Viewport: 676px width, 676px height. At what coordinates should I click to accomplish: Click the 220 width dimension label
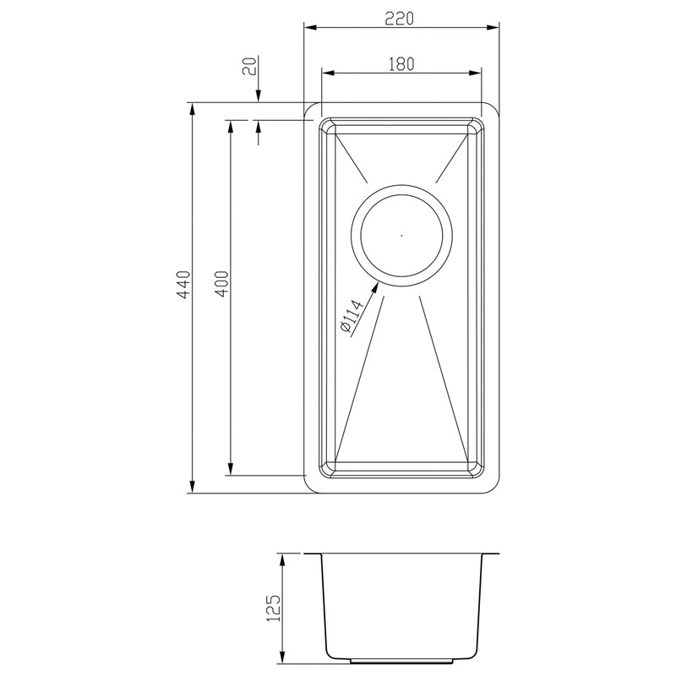point(401,17)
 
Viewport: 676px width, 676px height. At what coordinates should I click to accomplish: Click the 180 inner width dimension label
point(401,63)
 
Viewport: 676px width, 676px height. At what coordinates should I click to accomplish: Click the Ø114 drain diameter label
point(349,319)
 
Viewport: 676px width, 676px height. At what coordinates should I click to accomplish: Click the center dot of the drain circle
point(401,234)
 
